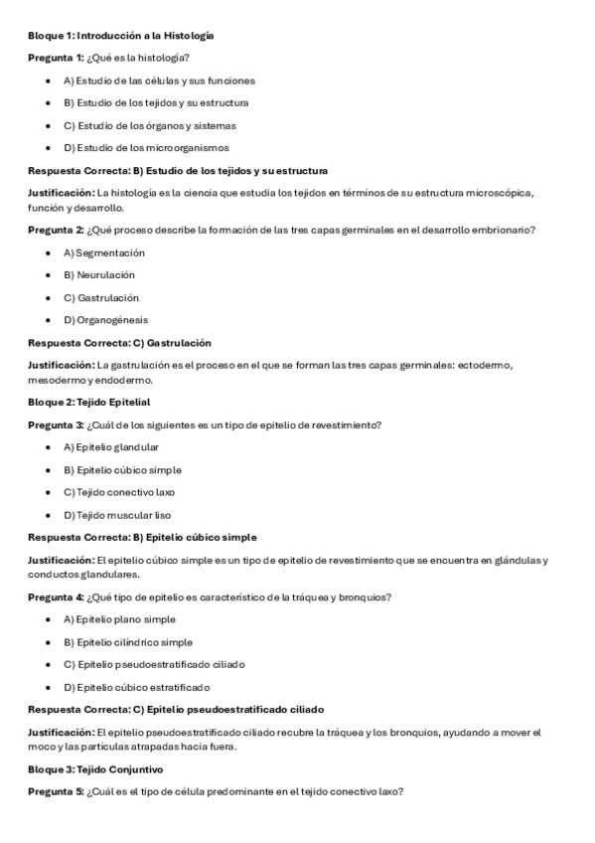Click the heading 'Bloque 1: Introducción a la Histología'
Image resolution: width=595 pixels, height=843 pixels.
120,36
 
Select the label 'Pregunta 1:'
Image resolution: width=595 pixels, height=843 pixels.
56,58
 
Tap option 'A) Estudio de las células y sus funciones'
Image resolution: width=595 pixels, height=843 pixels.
159,81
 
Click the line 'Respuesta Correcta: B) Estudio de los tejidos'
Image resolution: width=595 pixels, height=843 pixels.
178,171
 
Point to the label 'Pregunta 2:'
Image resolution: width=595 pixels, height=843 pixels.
56,231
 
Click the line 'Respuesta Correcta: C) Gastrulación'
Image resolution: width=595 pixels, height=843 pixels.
119,343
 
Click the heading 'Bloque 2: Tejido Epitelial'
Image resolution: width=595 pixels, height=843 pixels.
89,402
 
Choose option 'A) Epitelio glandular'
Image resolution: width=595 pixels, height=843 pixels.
111,447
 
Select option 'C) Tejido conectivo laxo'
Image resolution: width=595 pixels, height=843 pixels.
117,492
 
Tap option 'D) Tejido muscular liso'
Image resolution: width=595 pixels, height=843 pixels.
117,515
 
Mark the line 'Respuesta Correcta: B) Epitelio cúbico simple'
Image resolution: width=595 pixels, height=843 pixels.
142,538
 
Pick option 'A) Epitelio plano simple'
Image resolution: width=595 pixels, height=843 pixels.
118,619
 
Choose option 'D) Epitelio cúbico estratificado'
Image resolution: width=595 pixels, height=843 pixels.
136,687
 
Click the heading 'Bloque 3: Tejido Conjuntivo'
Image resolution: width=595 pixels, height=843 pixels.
95,769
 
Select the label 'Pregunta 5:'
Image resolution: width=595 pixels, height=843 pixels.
56,791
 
